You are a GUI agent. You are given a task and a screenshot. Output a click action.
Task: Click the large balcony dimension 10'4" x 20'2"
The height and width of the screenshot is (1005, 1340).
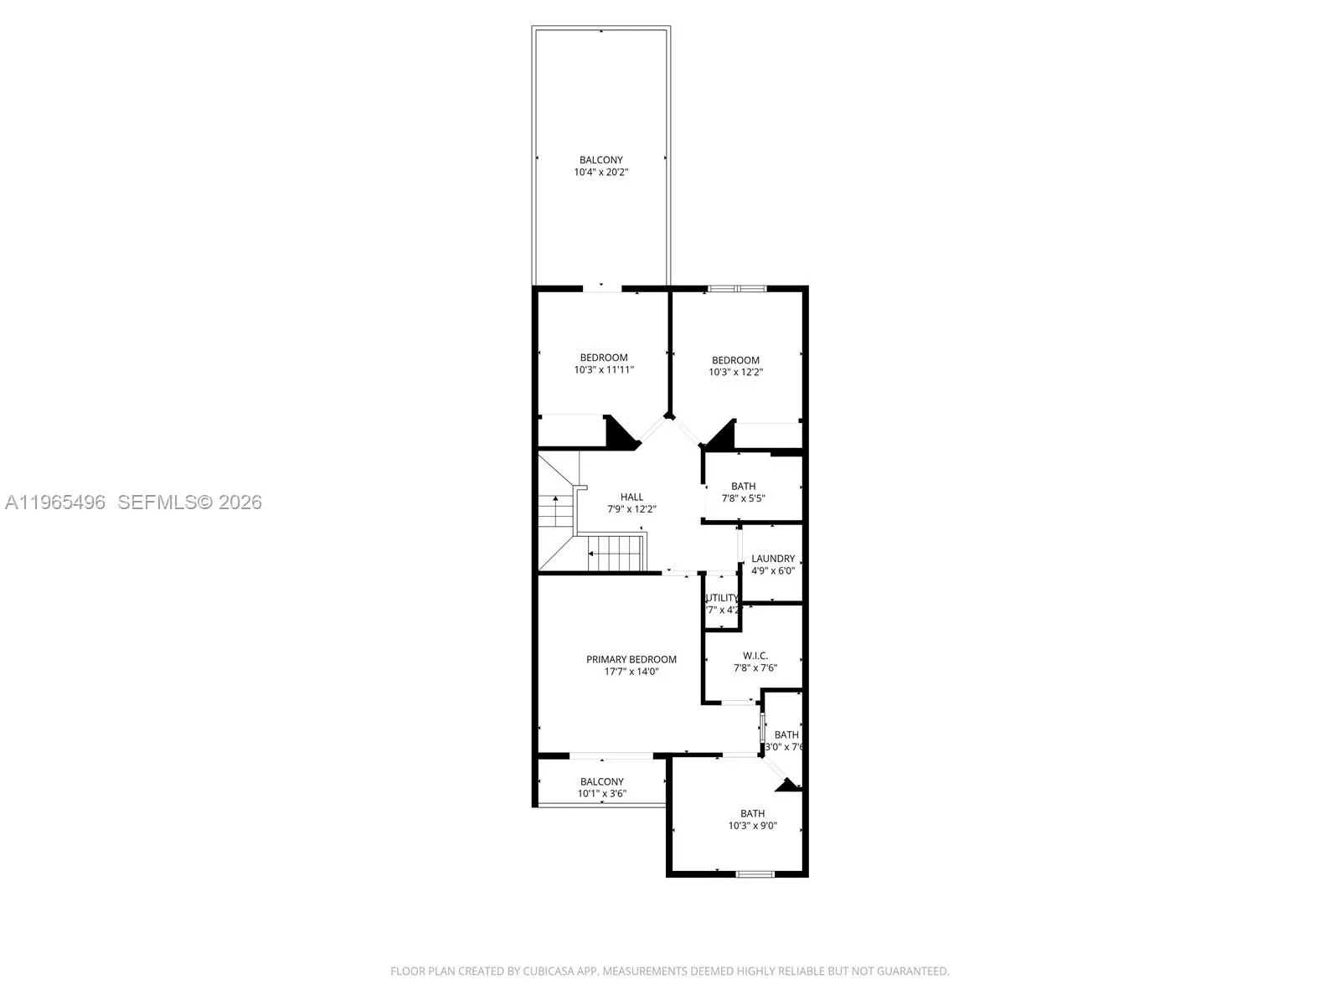pos(600,173)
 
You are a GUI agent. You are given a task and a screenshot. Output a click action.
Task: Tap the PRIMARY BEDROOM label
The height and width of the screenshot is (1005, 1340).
pos(631,659)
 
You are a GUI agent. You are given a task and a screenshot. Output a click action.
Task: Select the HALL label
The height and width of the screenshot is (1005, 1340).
pos(631,497)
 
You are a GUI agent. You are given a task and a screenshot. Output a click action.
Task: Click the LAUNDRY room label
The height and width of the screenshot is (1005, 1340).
pos(772,559)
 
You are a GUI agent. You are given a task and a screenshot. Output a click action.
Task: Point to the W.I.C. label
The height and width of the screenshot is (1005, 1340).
pos(755,656)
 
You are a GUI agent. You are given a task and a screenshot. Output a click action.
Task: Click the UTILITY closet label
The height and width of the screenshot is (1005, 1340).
pos(722,598)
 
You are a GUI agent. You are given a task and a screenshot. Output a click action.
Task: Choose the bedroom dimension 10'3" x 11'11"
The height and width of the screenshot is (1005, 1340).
pos(603,369)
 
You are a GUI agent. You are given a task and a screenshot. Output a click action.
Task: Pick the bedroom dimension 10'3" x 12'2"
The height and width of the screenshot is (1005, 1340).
pos(735,372)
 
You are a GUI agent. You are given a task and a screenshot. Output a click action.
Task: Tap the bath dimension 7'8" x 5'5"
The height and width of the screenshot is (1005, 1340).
pos(743,498)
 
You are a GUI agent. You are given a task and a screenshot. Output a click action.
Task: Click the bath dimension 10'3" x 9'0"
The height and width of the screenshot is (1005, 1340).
pos(752,826)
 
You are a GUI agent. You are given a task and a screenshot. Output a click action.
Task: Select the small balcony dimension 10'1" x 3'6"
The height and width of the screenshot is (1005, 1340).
pos(601,794)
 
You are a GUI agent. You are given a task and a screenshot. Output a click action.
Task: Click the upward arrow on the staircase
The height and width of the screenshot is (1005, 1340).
pos(554,508)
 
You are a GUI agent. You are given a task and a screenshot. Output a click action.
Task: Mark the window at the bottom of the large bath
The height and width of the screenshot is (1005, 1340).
pos(755,874)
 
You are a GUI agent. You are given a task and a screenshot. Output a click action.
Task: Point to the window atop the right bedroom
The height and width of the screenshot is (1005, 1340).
pos(737,289)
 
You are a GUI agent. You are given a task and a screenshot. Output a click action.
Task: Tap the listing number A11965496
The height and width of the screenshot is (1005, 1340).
pos(55,502)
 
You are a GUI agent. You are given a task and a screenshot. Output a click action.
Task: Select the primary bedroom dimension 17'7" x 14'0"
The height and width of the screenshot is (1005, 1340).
pos(631,672)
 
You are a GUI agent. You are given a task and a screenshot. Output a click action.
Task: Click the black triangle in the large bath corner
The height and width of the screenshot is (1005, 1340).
pos(788,786)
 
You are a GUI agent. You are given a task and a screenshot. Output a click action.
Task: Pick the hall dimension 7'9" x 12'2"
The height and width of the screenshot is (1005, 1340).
pos(631,509)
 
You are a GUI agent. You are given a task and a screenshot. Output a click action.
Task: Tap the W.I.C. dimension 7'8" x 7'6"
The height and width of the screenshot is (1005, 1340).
pos(755,668)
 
